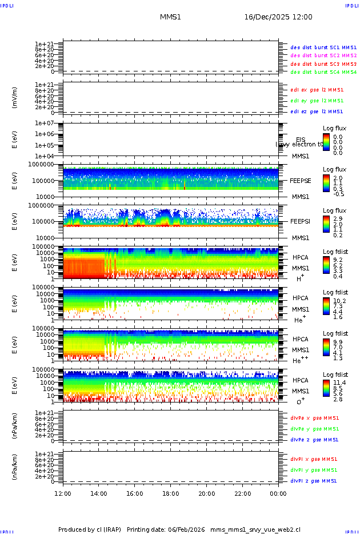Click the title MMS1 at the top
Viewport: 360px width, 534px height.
pyautogui.click(x=170, y=17)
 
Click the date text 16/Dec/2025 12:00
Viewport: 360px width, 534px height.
pyautogui.click(x=278, y=17)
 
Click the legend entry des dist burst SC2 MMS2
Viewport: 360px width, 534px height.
pyautogui.click(x=323, y=55)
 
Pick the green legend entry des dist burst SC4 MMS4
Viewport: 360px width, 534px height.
pyautogui.click(x=323, y=73)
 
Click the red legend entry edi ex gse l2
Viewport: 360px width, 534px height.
pyautogui.click(x=317, y=90)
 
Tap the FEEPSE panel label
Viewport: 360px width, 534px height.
pyautogui.click(x=301, y=181)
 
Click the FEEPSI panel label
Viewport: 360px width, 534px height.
pyautogui.click(x=301, y=221)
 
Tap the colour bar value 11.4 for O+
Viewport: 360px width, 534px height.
pyautogui.click(x=339, y=382)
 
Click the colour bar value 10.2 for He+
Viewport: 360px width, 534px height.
pyautogui.click(x=339, y=300)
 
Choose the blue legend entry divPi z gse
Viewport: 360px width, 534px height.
pyautogui.click(x=314, y=481)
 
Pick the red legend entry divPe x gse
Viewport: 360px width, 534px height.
pyautogui.click(x=314, y=418)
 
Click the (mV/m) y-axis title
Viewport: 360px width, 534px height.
pyautogui.click(x=15, y=98)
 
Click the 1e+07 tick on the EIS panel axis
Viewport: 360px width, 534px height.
pyautogui.click(x=45, y=123)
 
